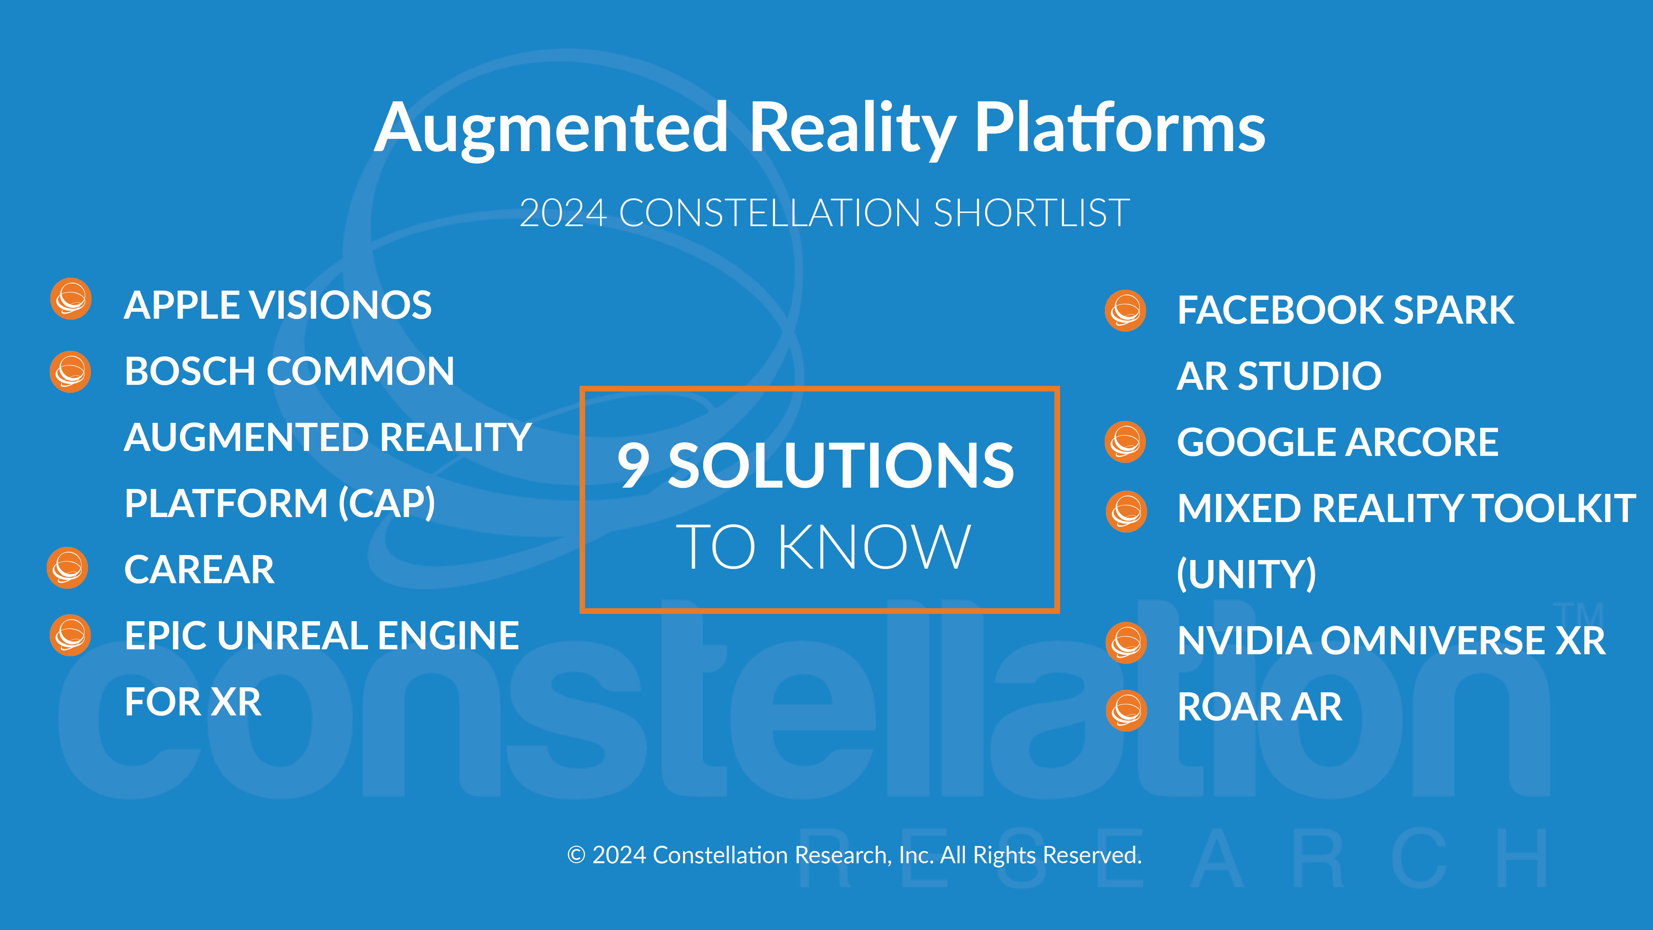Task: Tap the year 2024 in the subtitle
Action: pos(563,213)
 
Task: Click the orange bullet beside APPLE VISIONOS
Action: pos(71,299)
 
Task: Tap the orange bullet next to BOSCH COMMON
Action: pos(71,372)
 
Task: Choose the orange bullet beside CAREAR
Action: pos(67,568)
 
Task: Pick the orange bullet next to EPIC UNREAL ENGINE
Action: pos(71,635)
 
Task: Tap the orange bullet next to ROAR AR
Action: pos(1126,710)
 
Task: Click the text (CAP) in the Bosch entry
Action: pos(387,504)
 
